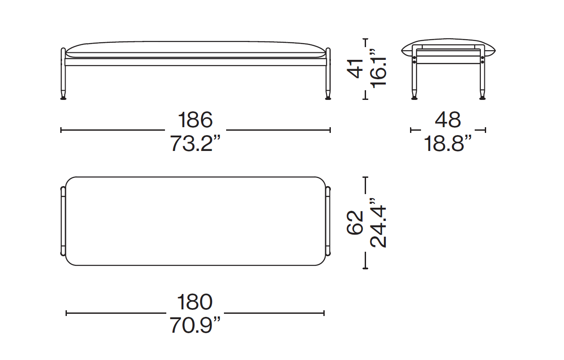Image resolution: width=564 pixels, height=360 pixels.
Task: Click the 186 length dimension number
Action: coord(195,120)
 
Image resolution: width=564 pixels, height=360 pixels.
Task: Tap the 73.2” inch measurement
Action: coord(195,143)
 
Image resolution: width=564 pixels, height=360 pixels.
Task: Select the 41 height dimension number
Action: coord(355,69)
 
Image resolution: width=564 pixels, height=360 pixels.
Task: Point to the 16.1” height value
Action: coord(378,68)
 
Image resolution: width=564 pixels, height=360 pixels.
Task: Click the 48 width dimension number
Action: coord(448,120)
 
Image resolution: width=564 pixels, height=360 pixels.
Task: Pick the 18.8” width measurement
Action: coord(448,143)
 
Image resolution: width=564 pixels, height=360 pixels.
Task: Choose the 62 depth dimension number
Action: coord(355,223)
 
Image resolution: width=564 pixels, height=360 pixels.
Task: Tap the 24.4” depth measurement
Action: coord(378,223)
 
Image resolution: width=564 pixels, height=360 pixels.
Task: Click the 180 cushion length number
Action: coord(195,302)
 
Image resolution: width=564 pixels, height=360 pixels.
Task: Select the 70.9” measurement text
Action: coord(195,325)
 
